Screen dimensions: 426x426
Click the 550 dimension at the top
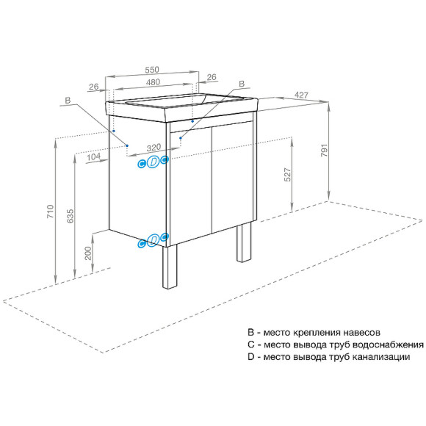tap(152, 69)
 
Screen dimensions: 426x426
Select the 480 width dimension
tap(152, 82)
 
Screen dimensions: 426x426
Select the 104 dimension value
tap(93, 157)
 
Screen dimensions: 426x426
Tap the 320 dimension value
tap(153, 146)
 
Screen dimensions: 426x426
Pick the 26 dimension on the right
tap(212, 77)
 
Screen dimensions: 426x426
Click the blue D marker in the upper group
tap(153, 162)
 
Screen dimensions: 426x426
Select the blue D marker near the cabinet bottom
tap(153, 240)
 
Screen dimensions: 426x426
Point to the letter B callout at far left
tap(67, 100)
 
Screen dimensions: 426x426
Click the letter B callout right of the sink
tap(241, 84)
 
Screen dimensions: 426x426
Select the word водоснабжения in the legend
tap(386, 344)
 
